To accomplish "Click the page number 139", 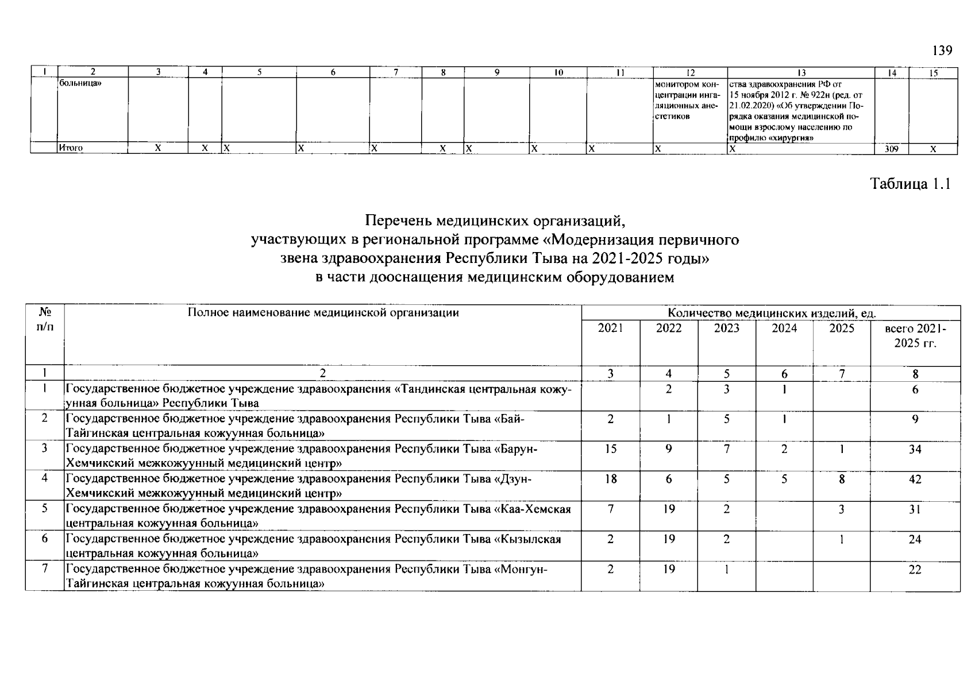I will coord(942,51).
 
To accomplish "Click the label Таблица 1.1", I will coord(911,184).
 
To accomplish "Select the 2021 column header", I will coord(610,328).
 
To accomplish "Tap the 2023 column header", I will coord(726,328).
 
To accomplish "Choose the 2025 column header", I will coord(842,328).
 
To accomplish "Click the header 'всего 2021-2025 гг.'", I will coord(915,336).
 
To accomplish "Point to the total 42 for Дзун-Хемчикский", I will coord(915,479).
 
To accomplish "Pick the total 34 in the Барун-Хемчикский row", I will coord(915,449).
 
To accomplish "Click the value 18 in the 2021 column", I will coord(610,479).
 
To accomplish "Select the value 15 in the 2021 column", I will coord(610,449).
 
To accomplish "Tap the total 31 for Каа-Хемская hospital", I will coord(915,509).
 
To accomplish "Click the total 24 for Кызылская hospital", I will coord(915,539).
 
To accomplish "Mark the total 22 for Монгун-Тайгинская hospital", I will coord(915,569).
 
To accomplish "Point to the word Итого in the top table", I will coord(71,149).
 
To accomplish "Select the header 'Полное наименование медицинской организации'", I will coord(323,313).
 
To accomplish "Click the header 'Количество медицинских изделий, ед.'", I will coord(772,313).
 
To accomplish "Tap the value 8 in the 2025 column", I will coord(842,479).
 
